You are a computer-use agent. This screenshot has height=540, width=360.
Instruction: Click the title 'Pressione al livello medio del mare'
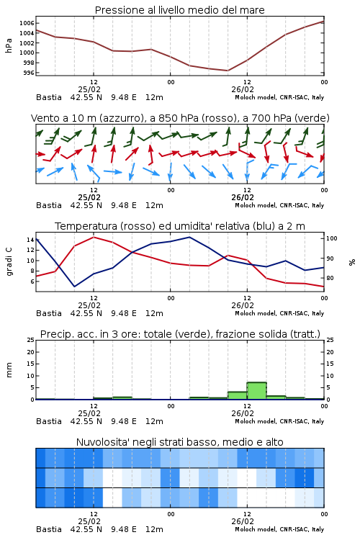click(179, 10)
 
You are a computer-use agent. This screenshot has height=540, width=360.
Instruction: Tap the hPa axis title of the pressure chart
click(9, 45)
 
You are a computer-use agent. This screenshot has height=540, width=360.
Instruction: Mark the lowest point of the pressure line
click(228, 71)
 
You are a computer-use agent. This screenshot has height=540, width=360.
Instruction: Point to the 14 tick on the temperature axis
click(30, 240)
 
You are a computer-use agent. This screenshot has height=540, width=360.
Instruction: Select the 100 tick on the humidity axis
click(332, 238)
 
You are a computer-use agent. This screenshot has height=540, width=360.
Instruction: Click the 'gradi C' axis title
click(9, 262)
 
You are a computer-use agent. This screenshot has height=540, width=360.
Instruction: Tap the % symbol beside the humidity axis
click(352, 262)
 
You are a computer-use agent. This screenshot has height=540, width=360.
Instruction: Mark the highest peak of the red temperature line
click(94, 238)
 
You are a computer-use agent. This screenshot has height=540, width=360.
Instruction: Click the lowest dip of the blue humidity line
click(74, 287)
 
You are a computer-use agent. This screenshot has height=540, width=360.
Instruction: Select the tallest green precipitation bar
click(256, 391)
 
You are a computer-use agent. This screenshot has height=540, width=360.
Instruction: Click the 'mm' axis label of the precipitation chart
click(9, 370)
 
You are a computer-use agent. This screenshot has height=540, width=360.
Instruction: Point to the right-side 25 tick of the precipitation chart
click(330, 340)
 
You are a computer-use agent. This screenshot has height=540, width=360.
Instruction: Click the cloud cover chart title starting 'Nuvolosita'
click(179, 442)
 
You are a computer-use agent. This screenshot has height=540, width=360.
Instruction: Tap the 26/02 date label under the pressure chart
click(243, 89)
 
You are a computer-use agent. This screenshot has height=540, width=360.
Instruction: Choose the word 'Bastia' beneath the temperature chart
click(49, 313)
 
